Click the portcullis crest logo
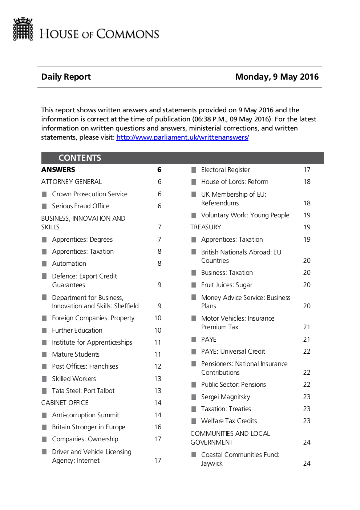(23, 29)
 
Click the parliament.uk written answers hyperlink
(182, 137)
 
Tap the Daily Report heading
(66, 77)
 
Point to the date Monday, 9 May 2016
(277, 77)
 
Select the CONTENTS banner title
(80, 158)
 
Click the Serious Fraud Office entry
(80, 206)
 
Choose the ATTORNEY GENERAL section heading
(71, 182)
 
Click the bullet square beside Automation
(44, 264)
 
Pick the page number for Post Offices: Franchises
(158, 366)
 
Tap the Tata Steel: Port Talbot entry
(83, 391)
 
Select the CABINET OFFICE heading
(65, 403)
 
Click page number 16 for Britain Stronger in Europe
(158, 427)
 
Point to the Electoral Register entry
(225, 170)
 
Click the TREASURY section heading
(206, 227)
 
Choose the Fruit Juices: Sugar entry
(227, 285)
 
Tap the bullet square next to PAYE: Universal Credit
(194, 352)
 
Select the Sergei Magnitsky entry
(225, 397)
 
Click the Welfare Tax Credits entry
(229, 421)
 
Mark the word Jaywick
(212, 463)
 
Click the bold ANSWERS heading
(58, 170)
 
